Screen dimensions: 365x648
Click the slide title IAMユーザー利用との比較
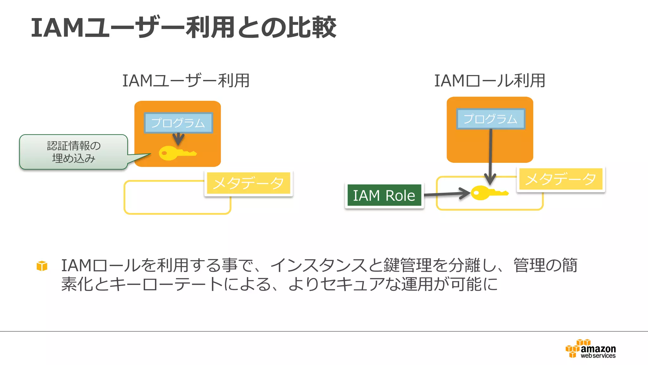[184, 28]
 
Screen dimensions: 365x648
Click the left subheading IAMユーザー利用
[186, 81]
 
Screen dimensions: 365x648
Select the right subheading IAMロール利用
[489, 81]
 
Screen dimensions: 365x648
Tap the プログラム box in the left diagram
[178, 123]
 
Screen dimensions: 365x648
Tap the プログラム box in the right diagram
[490, 119]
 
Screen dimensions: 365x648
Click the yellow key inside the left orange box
[177, 153]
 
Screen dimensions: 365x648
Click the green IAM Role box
[384, 195]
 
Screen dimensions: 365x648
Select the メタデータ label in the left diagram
[248, 183]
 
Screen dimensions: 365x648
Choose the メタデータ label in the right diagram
[561, 179]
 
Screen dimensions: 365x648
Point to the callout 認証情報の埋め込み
[74, 152]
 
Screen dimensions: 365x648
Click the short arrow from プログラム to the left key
[178, 139]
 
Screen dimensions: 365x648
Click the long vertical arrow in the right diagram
[490, 155]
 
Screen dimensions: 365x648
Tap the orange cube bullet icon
[42, 266]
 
